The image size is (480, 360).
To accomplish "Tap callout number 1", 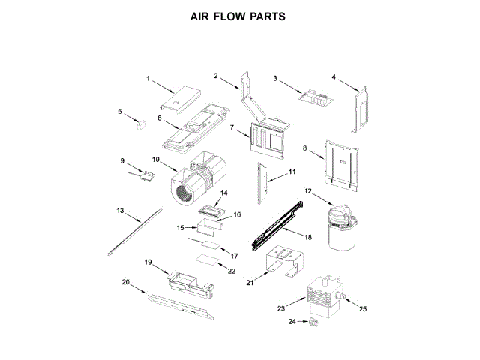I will (x=148, y=78).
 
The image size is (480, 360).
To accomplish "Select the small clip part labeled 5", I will (x=139, y=124).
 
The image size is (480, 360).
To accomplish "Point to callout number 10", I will (x=156, y=159).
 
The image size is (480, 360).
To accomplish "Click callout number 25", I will (x=364, y=308).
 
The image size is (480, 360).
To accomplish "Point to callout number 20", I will (x=126, y=282).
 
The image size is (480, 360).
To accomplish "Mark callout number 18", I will (x=308, y=235).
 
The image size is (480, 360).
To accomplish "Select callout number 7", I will (x=232, y=127).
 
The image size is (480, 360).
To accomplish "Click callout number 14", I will (x=223, y=193).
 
